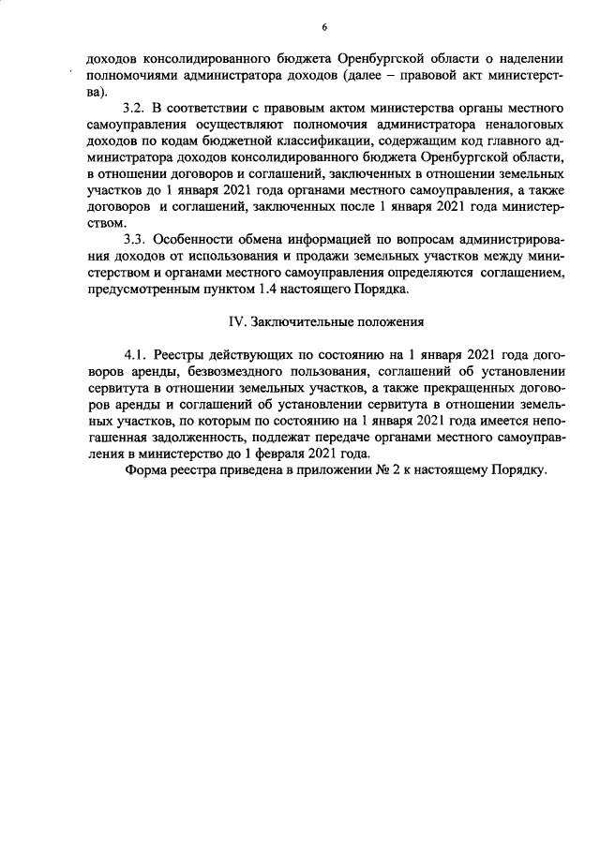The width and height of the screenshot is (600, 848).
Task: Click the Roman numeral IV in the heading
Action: pos(238,321)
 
